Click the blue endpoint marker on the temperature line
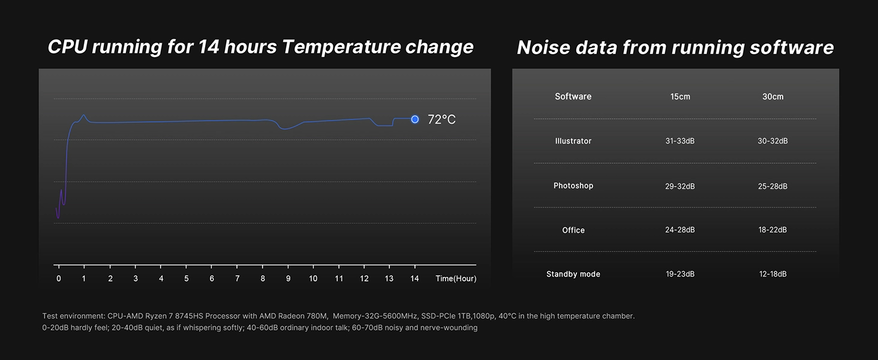click(x=414, y=119)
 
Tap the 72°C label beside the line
click(x=441, y=119)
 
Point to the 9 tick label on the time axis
click(x=288, y=278)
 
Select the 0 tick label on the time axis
click(x=59, y=278)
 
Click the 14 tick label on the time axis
click(x=414, y=278)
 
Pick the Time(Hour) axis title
click(x=456, y=278)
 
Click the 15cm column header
click(x=680, y=97)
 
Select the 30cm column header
click(x=773, y=97)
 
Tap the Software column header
click(x=573, y=97)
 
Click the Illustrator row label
click(x=573, y=141)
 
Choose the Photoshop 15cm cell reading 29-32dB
click(x=680, y=186)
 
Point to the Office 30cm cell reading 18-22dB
click(x=772, y=230)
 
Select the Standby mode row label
click(x=573, y=274)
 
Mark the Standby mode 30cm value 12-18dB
click(x=772, y=274)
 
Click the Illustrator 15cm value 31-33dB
click(x=680, y=141)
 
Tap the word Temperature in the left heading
click(x=341, y=47)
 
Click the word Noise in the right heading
click(x=543, y=47)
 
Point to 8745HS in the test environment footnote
click(x=189, y=316)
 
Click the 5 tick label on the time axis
click(x=186, y=278)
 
